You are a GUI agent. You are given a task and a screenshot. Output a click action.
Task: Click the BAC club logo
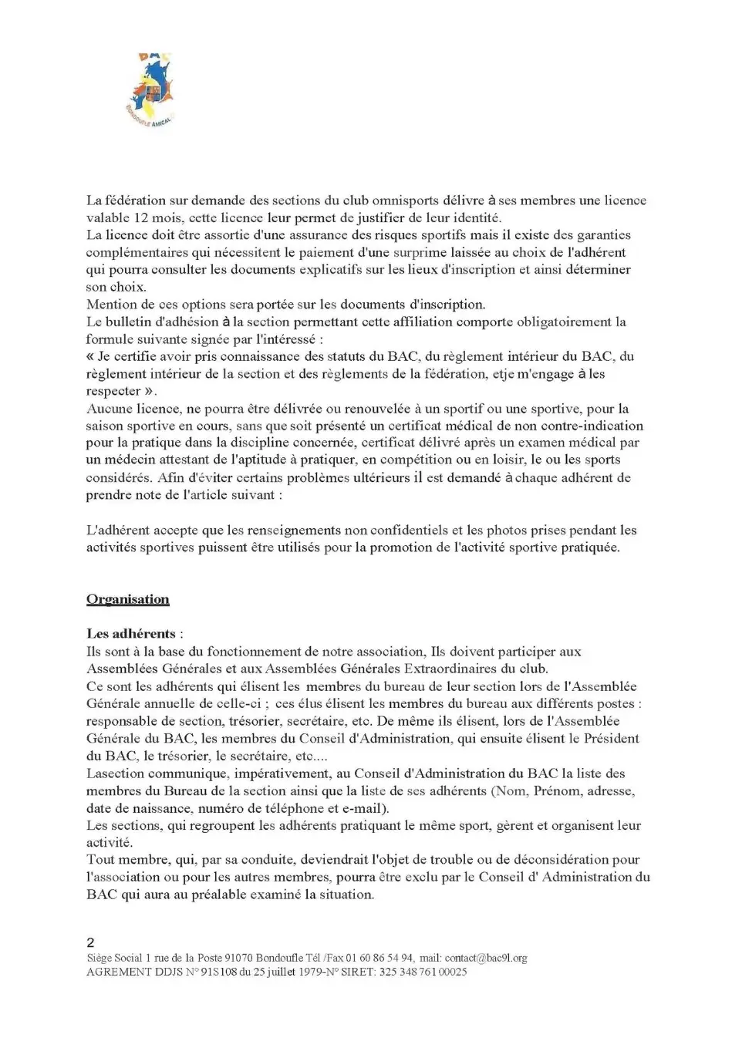point(150,92)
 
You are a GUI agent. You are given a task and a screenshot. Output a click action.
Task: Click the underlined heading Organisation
point(127,600)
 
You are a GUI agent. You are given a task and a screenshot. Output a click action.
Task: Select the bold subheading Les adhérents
point(131,634)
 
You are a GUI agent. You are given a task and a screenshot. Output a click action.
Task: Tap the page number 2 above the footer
point(91,942)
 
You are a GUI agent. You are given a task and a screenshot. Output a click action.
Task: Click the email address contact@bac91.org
point(486,958)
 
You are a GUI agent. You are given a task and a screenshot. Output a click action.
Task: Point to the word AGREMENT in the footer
point(118,972)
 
